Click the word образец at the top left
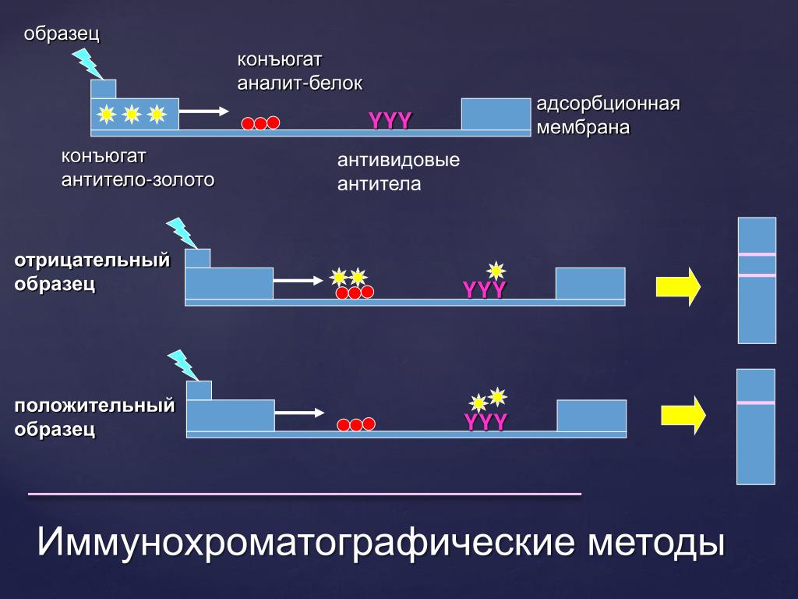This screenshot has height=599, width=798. pos(62,34)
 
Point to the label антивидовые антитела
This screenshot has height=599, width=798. pos(398,172)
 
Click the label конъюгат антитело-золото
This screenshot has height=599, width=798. pos(138,168)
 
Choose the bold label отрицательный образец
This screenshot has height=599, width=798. pos(92,271)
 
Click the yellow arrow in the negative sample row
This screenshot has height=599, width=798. pos(678,287)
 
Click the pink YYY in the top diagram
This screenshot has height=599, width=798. pos(390,120)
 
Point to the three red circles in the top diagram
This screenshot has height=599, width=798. pos(260,123)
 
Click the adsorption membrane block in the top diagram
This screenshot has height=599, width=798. pos(495,114)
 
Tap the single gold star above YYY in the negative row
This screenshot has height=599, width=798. pos(496,271)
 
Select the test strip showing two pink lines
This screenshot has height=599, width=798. pos(757,280)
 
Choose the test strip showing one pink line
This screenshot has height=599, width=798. pos(756,427)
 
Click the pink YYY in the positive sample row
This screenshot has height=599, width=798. pos(486,422)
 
